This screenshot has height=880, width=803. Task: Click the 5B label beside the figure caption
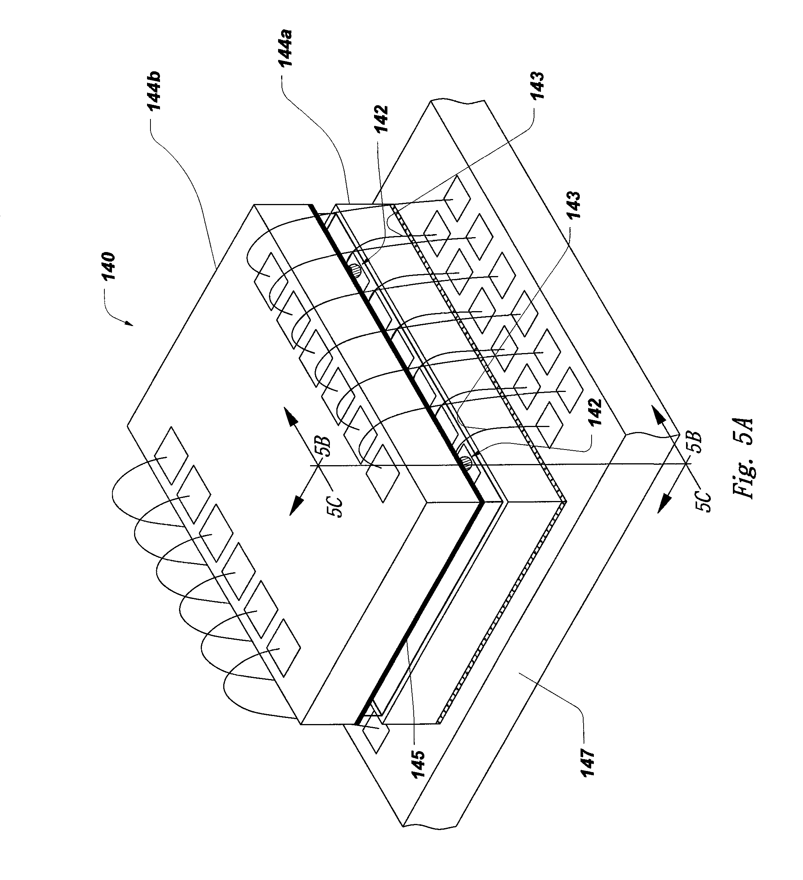point(695,443)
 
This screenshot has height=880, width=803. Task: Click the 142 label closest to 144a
point(381,120)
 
